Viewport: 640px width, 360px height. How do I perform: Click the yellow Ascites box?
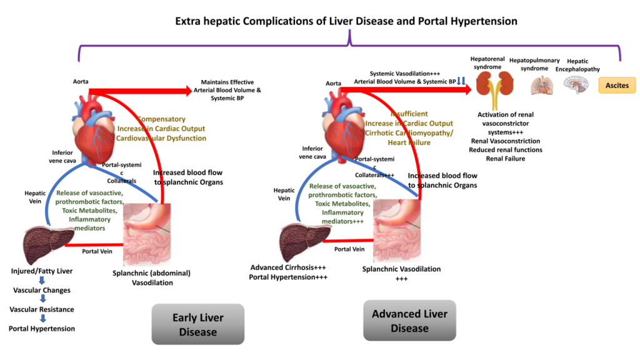tap(617, 85)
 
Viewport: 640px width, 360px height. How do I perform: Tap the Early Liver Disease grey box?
tap(197, 324)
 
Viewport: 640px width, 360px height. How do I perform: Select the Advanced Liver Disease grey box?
tap(409, 321)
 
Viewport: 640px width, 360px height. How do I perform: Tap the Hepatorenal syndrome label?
tap(487, 62)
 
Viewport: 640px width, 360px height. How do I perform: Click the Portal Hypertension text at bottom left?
tap(42, 329)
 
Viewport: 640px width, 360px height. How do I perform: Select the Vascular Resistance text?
tap(42, 309)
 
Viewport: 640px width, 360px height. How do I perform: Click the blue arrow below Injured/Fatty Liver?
tap(42, 281)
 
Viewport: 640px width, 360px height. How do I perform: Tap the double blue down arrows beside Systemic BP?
tap(461, 81)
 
